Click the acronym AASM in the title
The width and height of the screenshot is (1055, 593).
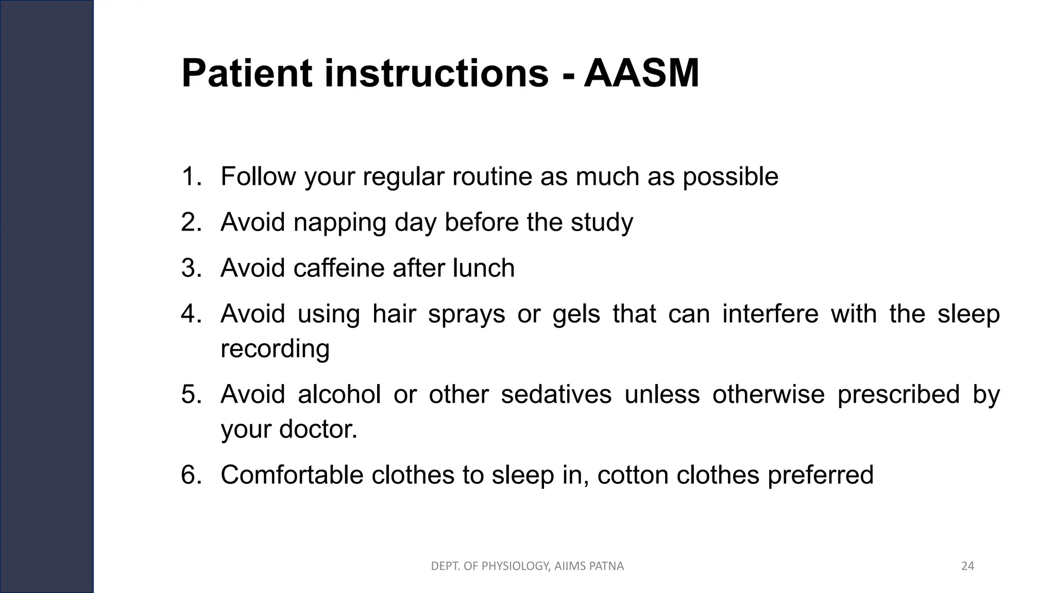641,74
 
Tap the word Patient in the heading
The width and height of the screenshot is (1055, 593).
247,74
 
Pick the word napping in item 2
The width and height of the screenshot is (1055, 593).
339,223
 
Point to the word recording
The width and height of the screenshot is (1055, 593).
275,348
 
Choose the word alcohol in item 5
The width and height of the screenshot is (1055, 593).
339,395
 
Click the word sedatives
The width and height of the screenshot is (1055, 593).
556,395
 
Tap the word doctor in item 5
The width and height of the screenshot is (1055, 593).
317,429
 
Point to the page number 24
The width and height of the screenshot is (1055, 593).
967,566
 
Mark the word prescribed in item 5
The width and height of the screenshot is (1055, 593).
898,395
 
